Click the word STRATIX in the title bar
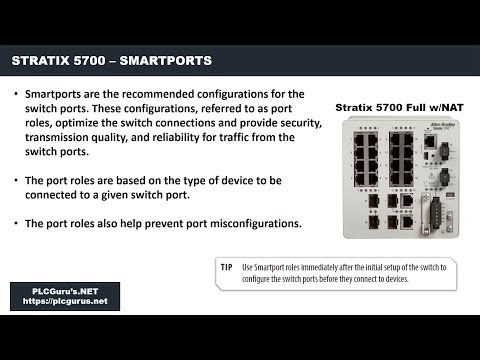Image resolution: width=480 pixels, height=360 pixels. click(44, 61)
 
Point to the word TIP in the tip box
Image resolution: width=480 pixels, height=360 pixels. click(226, 267)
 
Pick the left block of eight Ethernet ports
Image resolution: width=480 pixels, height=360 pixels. click(354, 151)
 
